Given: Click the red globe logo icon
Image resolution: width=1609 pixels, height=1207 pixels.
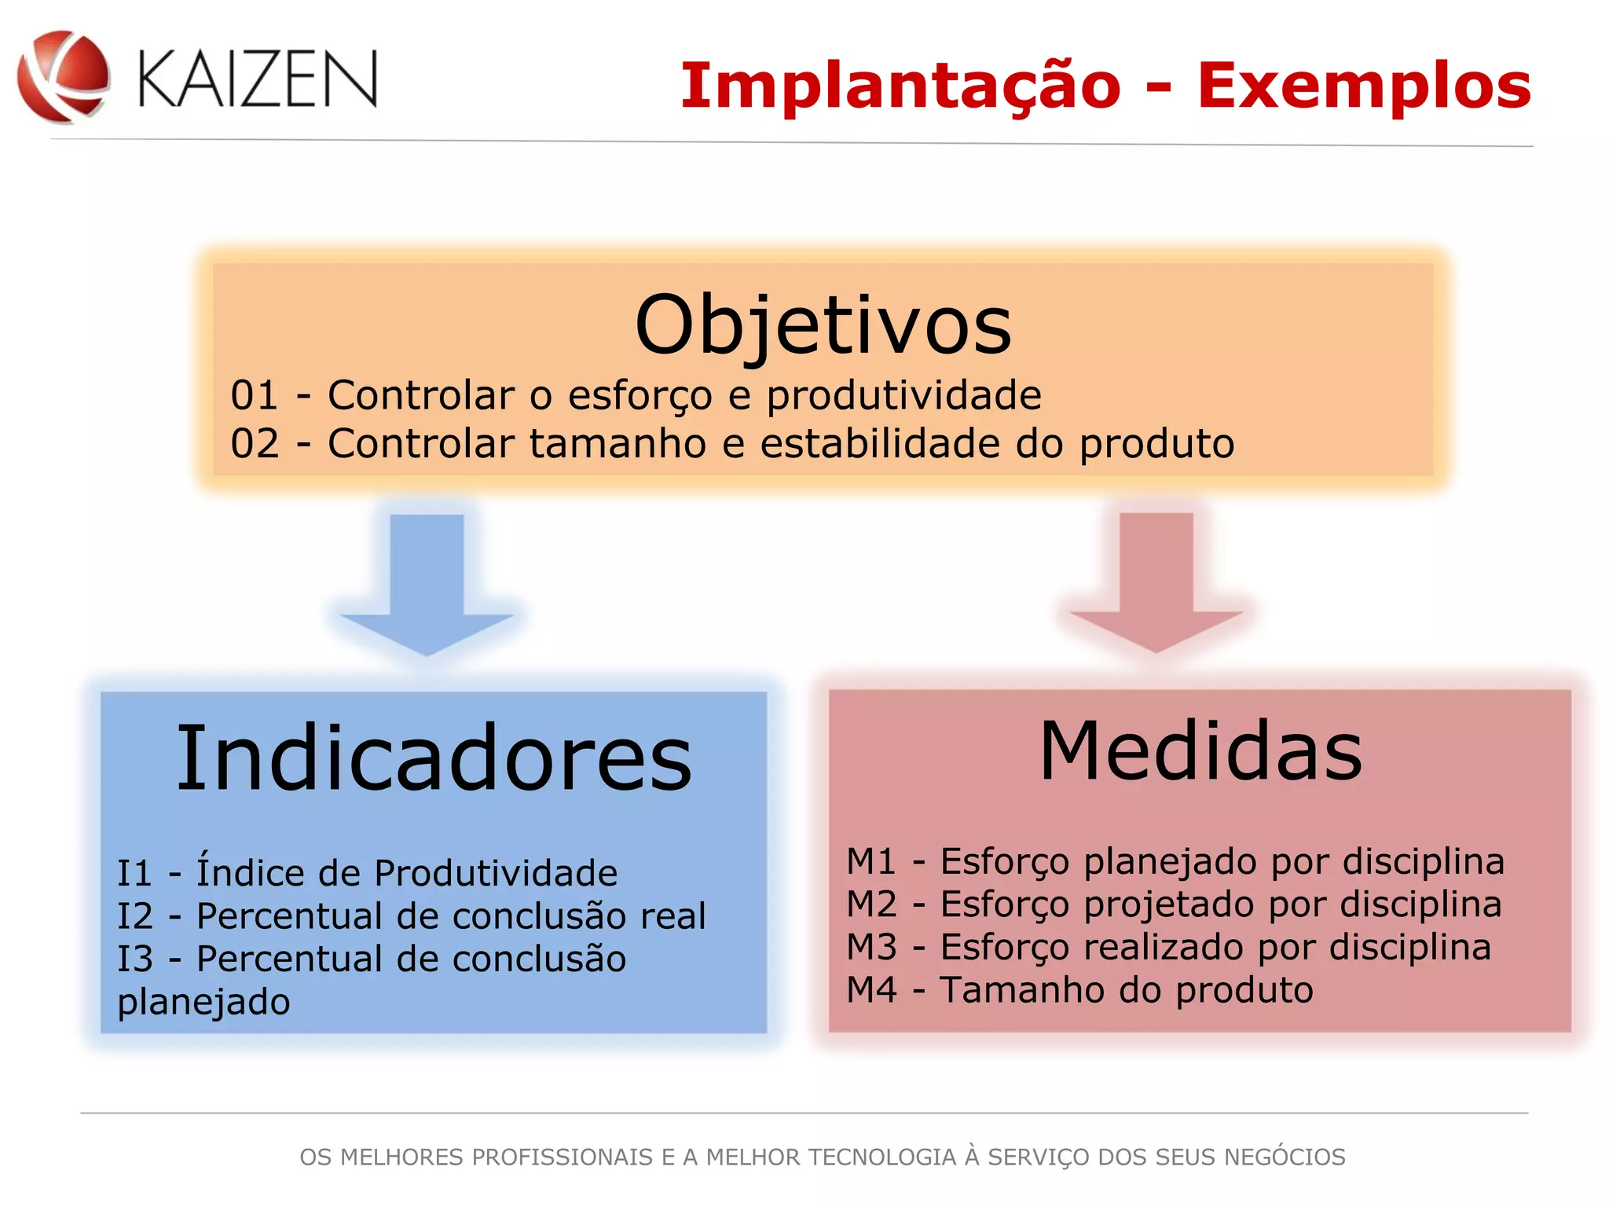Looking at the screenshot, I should tap(63, 77).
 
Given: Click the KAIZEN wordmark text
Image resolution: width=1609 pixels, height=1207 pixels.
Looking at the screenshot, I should tap(258, 79).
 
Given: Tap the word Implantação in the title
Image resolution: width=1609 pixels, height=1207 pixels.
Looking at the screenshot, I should tap(900, 86).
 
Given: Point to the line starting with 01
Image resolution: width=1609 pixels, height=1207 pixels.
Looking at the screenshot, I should tap(636, 395).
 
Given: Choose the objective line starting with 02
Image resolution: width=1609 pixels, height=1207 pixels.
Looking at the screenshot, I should tap(732, 444).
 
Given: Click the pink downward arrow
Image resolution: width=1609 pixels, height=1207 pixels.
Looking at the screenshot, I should tap(1156, 581).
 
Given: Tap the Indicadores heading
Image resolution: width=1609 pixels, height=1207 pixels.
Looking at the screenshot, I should tap(434, 758).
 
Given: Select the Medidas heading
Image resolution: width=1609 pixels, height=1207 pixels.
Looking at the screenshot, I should tap(1200, 751).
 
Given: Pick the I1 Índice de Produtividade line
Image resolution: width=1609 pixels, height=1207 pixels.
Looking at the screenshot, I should tap(367, 872).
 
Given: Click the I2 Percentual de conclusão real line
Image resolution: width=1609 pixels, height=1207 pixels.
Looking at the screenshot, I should tap(411, 915).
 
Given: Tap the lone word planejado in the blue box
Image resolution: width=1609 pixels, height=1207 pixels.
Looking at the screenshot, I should tap(203, 1002).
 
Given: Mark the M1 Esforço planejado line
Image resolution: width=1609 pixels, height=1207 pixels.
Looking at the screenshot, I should tap(1175, 861).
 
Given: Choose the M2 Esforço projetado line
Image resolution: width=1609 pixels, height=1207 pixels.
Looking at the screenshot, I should tap(1173, 904).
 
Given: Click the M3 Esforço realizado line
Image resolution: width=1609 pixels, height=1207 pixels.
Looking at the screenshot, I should tap(1168, 947).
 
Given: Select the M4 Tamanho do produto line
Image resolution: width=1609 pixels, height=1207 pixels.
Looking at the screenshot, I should tap(1079, 990).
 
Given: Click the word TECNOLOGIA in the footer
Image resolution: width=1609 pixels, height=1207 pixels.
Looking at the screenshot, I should tap(882, 1157).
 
